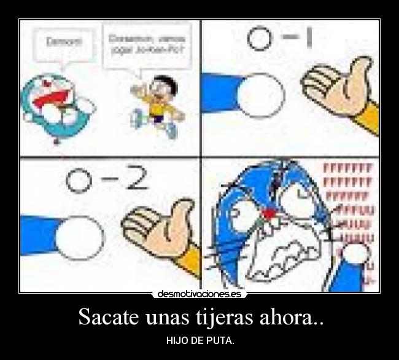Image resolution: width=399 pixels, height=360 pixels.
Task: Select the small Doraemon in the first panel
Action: click(56, 106)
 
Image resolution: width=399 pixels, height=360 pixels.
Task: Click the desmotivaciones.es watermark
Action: click(199, 294)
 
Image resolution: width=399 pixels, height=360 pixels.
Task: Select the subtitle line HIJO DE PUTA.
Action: click(200, 341)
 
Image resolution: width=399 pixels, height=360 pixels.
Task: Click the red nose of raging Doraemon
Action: click(268, 214)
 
